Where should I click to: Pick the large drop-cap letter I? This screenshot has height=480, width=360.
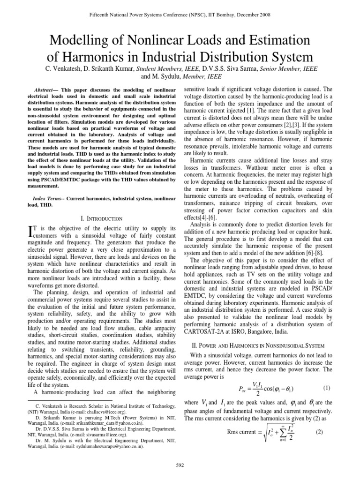31,230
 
